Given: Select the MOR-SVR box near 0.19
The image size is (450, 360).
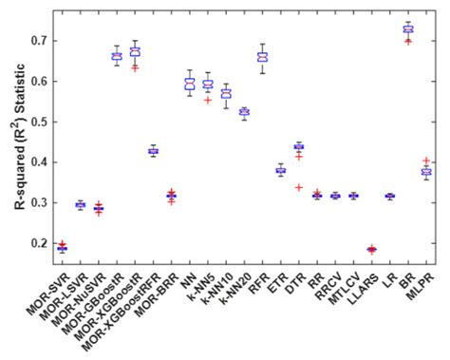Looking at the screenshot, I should (62, 248).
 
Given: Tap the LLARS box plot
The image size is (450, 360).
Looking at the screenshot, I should (371, 250).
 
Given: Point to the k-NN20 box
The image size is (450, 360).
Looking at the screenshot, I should (244, 112).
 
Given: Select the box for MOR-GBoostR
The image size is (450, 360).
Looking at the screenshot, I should (117, 56).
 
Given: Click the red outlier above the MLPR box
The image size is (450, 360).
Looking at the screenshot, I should (425, 161).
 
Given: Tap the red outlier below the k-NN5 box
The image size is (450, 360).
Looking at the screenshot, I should (208, 100).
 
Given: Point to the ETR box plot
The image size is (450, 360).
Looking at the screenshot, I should (280, 171).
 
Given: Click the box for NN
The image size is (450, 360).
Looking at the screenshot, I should (189, 84).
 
